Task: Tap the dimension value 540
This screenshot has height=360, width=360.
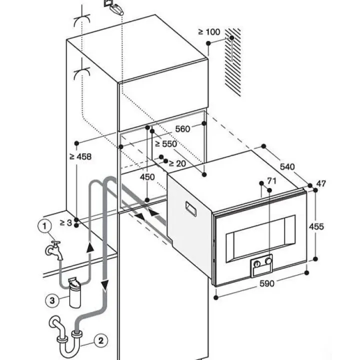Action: (287, 166)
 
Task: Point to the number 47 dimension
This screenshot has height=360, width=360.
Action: (321, 183)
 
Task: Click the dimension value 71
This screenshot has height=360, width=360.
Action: (271, 180)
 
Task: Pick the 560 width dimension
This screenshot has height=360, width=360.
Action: (182, 129)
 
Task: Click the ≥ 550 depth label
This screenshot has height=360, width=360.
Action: (165, 143)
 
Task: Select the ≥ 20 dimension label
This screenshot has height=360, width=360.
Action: (177, 163)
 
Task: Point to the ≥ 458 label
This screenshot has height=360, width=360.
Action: (80, 156)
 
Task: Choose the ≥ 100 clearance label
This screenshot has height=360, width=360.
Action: (209, 32)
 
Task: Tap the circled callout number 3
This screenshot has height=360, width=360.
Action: (51, 300)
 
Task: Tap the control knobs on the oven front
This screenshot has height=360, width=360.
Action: (263, 261)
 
